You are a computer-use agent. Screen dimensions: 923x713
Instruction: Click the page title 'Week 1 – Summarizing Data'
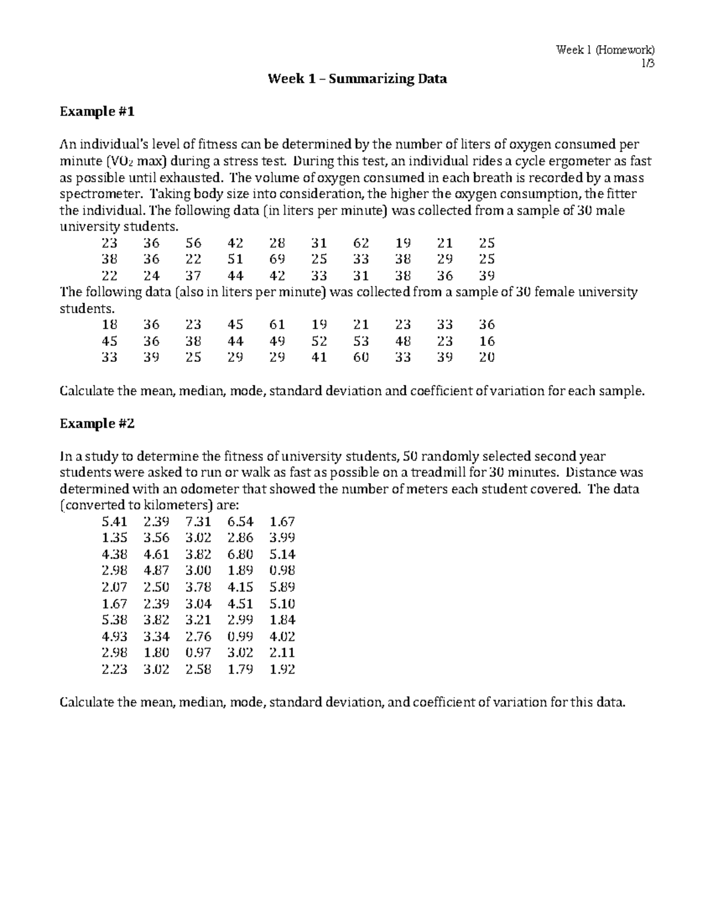[357, 78]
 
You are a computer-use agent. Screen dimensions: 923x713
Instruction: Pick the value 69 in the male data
[277, 260]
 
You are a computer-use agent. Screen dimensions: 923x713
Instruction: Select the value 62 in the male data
[361, 243]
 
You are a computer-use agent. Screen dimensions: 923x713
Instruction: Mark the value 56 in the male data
[193, 243]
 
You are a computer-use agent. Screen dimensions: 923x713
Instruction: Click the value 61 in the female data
[277, 325]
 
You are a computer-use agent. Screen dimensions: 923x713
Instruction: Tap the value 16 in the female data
[487, 342]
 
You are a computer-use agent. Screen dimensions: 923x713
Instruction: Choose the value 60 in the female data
[361, 358]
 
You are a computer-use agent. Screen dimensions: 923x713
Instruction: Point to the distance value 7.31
[198, 522]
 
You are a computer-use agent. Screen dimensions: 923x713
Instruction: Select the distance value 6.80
[240, 555]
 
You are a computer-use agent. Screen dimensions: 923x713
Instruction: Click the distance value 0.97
[198, 653]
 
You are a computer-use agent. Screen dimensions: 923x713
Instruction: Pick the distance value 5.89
[282, 587]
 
